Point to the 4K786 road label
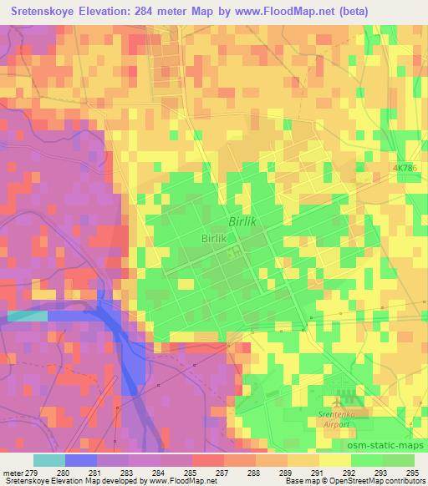pyautogui.click(x=405, y=168)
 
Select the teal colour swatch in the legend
pyautogui.click(x=48, y=460)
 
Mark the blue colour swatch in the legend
pyautogui.click(x=81, y=460)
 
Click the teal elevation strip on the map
pyautogui.click(x=27, y=316)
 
